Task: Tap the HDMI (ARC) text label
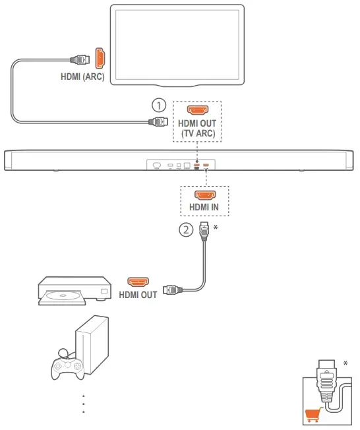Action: tap(82, 77)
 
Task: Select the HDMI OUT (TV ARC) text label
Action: tap(196, 129)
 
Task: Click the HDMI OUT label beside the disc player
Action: tap(138, 295)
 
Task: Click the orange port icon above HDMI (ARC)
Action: tap(100, 59)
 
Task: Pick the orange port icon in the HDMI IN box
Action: tap(203, 195)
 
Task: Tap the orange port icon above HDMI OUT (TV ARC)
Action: tap(196, 110)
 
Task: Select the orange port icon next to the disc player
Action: tap(138, 282)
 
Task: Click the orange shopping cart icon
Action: tap(313, 415)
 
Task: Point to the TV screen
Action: tap(177, 43)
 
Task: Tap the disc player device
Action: tap(72, 290)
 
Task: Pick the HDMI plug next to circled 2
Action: tap(204, 230)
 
